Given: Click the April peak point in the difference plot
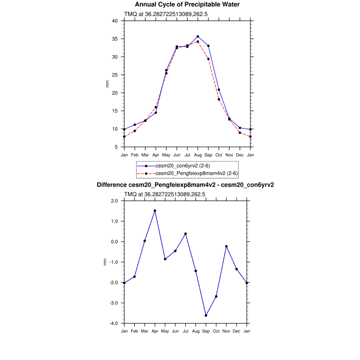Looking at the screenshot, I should [155, 211].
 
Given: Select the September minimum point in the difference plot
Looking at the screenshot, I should [206, 315].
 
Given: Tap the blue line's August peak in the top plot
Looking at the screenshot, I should [197, 37].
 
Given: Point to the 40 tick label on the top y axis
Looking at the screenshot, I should [115, 21].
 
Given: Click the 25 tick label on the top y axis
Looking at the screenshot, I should [115, 75].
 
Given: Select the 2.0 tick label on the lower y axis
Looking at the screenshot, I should [114, 201].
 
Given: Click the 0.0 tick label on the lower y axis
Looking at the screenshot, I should [114, 242].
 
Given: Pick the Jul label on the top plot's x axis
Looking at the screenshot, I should [187, 154].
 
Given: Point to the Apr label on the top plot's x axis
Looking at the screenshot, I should [155, 154].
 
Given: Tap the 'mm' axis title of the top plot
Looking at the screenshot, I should [107, 84].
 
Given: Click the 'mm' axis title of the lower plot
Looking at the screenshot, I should [106, 262].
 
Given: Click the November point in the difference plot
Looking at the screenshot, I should [226, 246].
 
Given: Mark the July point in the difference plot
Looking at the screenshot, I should [186, 233].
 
